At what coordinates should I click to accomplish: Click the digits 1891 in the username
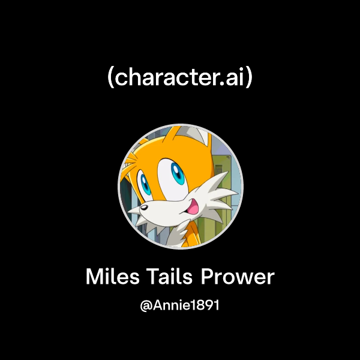[x=204, y=305]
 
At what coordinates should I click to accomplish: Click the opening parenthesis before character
[x=110, y=78]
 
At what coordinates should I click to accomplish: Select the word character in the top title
[x=164, y=78]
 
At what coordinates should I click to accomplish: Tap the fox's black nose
[x=144, y=208]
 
